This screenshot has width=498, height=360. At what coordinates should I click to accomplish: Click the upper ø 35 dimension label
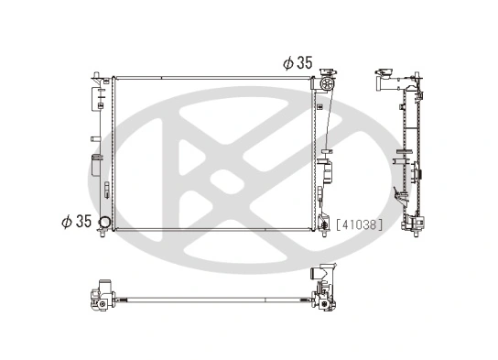coord(298,63)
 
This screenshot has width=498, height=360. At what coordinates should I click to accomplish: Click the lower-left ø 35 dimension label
coord(76,222)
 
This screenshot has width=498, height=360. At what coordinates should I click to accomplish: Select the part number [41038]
coord(360,223)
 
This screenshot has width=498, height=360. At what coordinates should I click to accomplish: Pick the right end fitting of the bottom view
coord(324,289)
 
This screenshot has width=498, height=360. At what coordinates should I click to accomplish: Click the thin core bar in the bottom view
coord(211,300)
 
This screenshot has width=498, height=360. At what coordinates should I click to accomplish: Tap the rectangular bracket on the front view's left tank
coord(95,166)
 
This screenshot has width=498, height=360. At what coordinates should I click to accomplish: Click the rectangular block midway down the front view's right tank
coord(323,171)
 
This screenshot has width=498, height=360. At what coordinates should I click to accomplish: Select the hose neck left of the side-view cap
coord(374,85)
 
